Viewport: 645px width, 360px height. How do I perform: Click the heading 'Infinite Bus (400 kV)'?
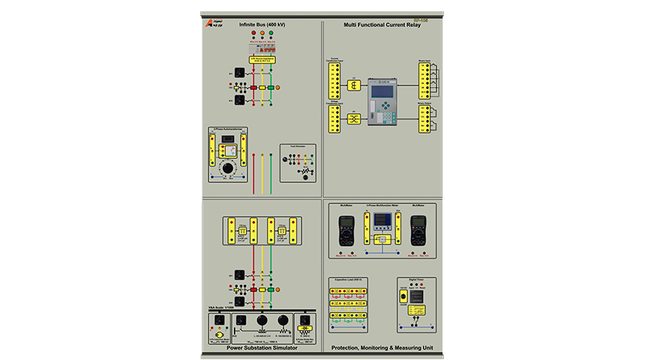coord(262,25)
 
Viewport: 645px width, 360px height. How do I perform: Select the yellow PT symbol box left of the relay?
coord(355,118)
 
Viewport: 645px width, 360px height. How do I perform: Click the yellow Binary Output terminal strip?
coord(425,119)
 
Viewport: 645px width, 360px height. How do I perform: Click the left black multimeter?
coord(346,230)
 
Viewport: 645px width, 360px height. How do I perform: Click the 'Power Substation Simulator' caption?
coord(261,348)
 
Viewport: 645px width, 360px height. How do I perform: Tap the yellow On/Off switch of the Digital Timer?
coord(403,298)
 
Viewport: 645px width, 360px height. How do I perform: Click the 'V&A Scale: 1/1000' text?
coord(223,307)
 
